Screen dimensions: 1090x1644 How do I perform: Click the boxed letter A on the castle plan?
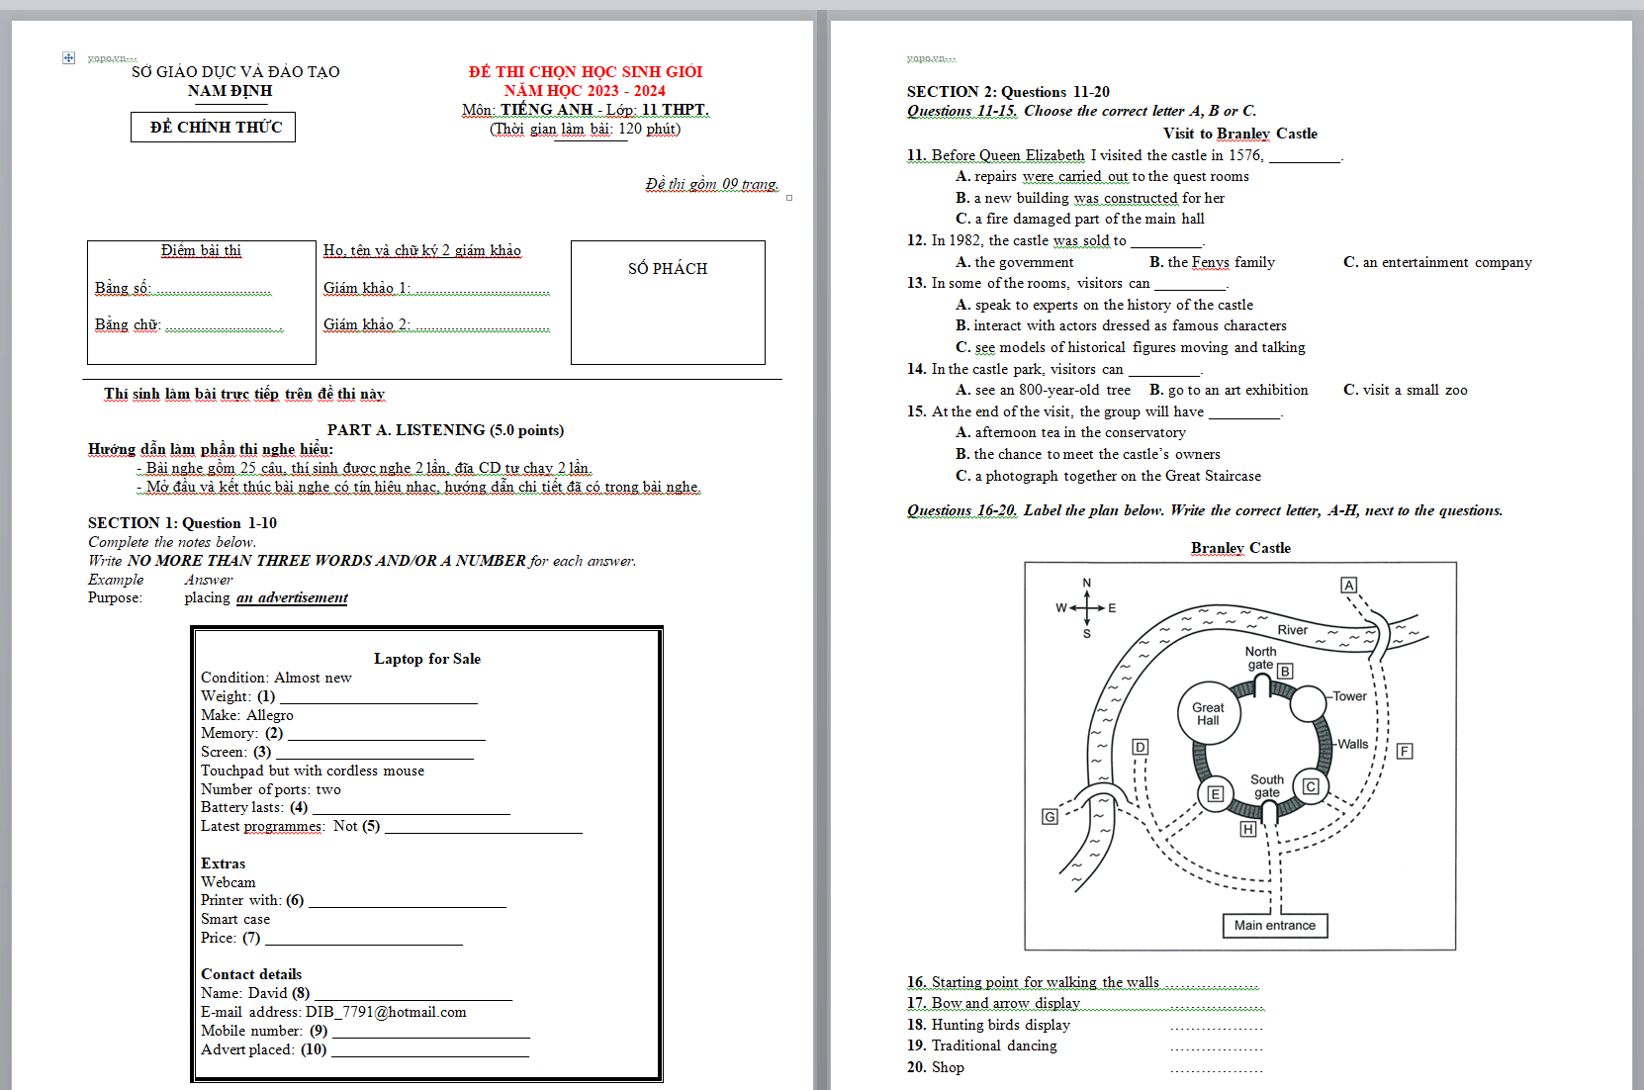coord(1348,585)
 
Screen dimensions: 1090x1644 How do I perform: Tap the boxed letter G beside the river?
coord(1050,816)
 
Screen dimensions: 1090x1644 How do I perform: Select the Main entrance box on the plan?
coord(1275,925)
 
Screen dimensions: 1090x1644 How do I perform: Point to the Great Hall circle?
coord(1208,713)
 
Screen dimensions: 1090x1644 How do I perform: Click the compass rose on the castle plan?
coord(1086,607)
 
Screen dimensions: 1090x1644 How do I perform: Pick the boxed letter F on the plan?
coord(1405,751)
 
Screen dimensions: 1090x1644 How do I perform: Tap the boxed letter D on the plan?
coord(1141,747)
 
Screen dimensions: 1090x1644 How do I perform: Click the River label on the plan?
coord(1292,630)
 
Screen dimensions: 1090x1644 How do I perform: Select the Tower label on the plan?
coord(1349,696)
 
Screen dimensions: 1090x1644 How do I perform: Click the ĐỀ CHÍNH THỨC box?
coord(214,127)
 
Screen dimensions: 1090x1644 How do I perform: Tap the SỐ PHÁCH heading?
coord(668,269)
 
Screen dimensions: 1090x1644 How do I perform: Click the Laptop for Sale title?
coord(426,659)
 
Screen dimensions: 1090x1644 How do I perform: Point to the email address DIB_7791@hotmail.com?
coord(386,1012)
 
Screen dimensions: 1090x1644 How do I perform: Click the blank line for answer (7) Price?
coord(363,939)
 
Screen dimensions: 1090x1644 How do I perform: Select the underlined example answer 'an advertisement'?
coord(292,597)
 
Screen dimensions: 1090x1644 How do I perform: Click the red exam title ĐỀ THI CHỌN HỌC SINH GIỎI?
coord(586,71)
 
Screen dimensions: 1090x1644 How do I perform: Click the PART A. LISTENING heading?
coord(445,430)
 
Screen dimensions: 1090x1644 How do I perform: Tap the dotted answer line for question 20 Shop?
coord(1216,1068)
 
